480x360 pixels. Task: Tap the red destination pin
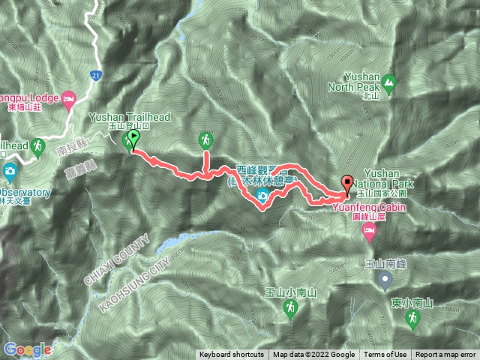coord(347,183)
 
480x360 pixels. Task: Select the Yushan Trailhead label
coord(130,118)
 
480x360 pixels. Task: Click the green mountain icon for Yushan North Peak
coord(388,82)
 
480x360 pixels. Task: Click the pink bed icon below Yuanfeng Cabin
coord(369,235)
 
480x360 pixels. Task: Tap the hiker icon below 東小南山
coord(411,319)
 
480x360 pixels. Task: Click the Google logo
coord(27,349)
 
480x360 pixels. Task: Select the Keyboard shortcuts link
coord(232,355)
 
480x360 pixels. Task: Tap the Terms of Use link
coord(386,355)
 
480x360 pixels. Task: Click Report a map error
coord(445,355)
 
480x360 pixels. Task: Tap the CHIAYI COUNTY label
coord(118,251)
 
